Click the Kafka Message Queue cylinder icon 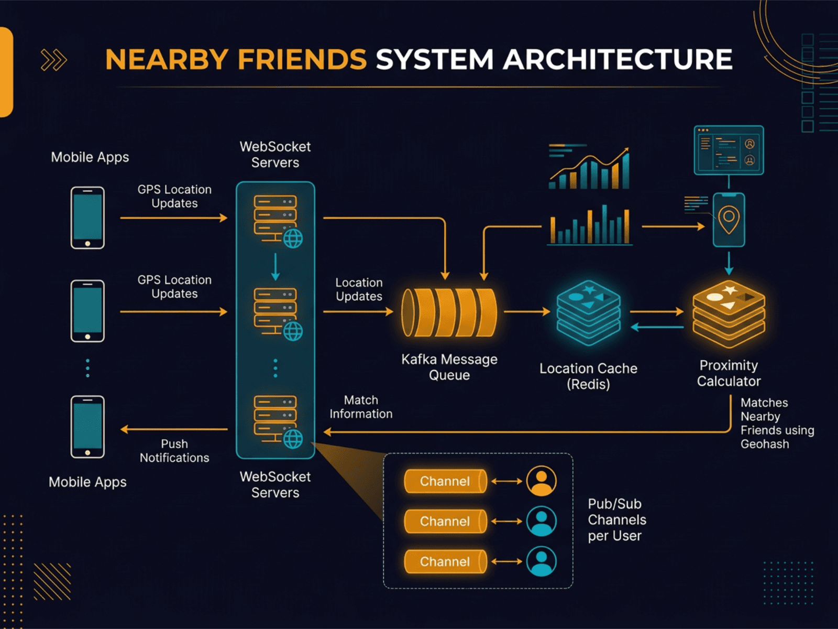[x=449, y=312]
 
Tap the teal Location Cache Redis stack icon [x=588, y=312]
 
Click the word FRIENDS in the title [x=302, y=59]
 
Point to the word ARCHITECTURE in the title [x=618, y=59]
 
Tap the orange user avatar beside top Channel [x=541, y=481]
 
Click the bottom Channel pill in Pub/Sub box [x=445, y=561]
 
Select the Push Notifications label [x=174, y=451]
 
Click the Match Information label [x=361, y=407]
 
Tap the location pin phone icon [x=729, y=219]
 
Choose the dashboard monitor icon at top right [x=729, y=150]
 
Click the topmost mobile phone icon [x=87, y=218]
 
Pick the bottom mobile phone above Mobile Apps [x=87, y=427]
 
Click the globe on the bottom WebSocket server [x=293, y=439]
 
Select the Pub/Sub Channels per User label [x=616, y=519]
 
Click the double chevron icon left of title [x=54, y=60]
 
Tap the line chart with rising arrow [x=589, y=168]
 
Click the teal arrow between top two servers [x=275, y=267]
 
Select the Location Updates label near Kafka [x=359, y=289]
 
